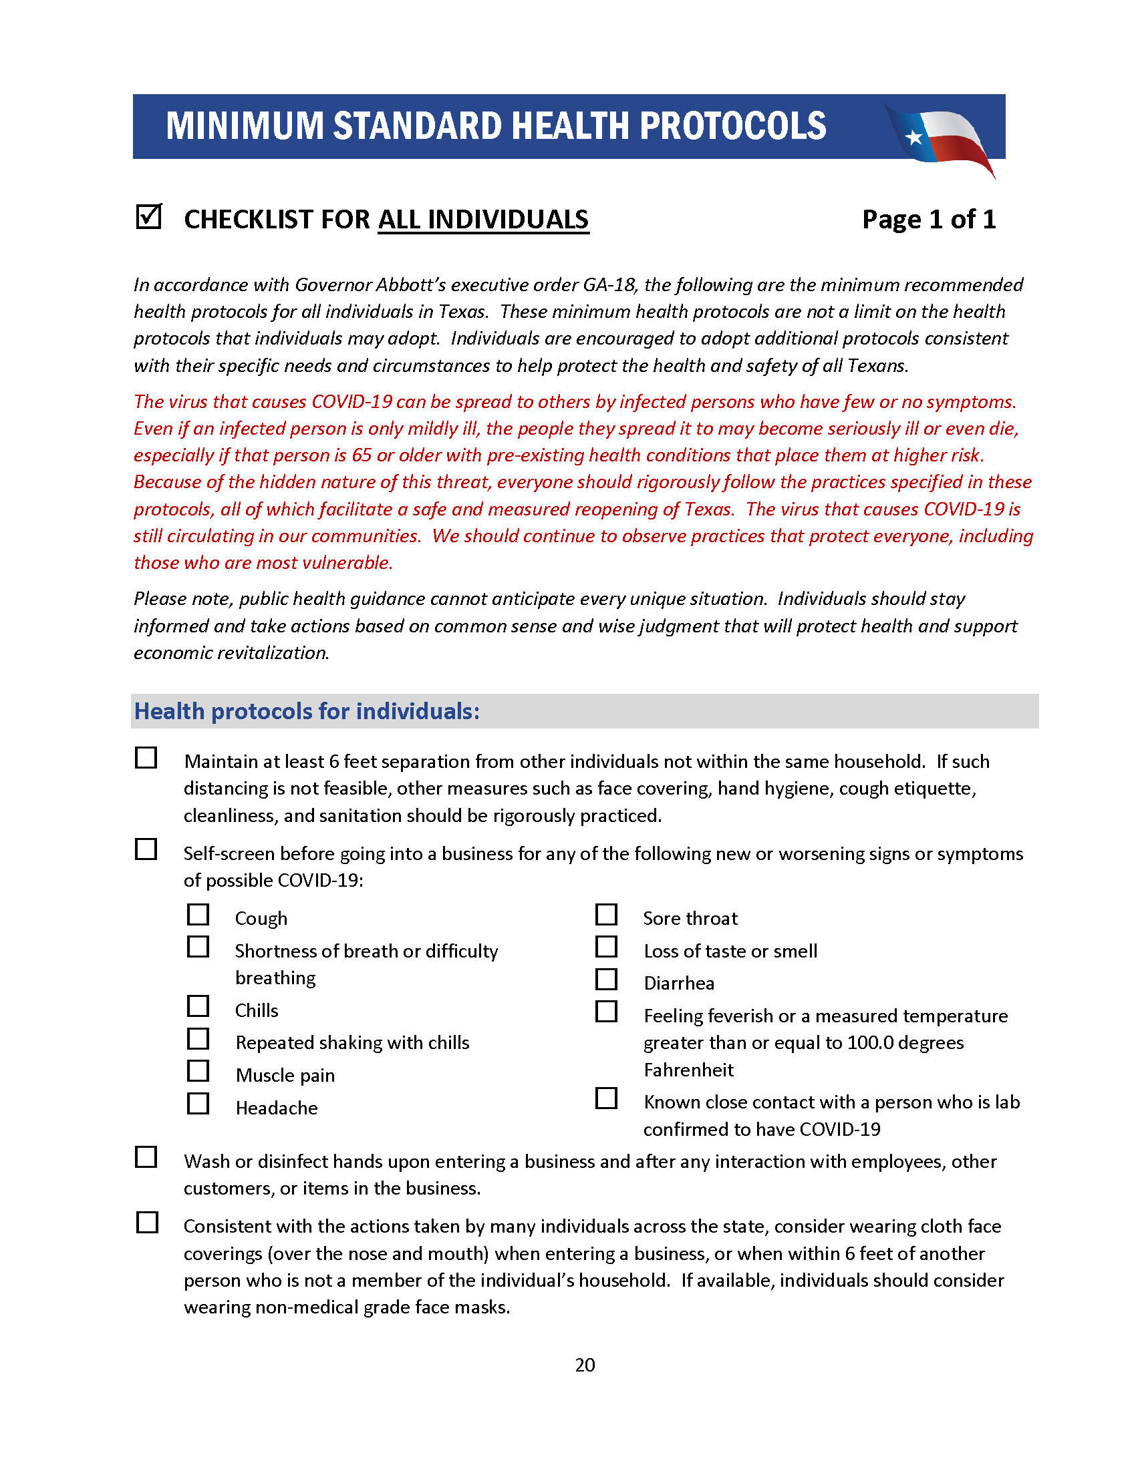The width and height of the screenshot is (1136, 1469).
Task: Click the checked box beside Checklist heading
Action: (148, 217)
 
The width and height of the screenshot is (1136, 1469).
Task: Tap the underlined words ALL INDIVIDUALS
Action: (483, 220)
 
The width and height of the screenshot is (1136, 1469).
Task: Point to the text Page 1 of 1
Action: (928, 219)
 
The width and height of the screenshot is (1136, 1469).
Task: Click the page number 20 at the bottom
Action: (585, 1365)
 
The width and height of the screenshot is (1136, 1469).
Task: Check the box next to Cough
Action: (198, 915)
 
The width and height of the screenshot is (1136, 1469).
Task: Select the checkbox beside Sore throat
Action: (606, 915)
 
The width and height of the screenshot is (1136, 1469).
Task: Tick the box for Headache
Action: (198, 1104)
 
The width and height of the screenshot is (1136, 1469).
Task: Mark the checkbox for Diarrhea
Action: (606, 980)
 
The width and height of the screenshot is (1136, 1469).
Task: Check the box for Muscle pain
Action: (198, 1072)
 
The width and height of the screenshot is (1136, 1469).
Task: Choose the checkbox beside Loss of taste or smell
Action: (606, 948)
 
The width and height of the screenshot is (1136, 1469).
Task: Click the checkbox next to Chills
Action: (198, 1007)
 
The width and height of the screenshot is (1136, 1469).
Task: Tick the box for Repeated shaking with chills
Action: (198, 1039)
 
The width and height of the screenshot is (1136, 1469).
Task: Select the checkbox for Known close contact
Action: (606, 1099)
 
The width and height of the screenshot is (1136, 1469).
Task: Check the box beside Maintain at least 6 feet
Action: (146, 758)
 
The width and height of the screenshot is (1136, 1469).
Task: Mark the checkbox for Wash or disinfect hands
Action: (146, 1158)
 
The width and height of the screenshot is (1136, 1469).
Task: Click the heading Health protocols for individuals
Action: (307, 712)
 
